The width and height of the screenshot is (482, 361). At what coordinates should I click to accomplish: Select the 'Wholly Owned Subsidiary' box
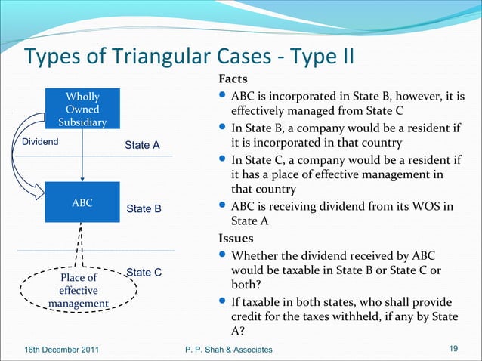(x=82, y=110)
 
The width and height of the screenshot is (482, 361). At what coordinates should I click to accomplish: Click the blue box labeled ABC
(x=82, y=202)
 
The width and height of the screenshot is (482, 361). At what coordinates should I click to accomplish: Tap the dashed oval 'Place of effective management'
(x=77, y=290)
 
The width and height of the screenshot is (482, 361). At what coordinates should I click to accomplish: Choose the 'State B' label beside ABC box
(x=144, y=208)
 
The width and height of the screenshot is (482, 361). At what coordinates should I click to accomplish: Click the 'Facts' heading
(x=233, y=79)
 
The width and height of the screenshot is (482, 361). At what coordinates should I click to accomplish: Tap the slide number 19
(x=454, y=347)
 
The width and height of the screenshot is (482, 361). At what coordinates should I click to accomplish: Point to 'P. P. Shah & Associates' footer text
(x=230, y=348)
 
